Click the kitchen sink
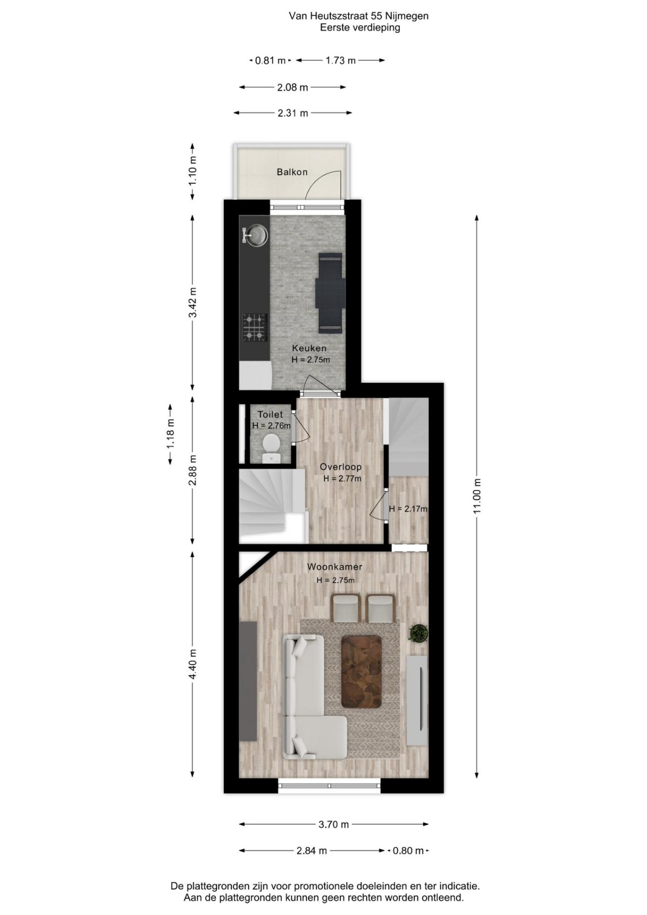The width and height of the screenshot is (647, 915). pyautogui.click(x=257, y=236)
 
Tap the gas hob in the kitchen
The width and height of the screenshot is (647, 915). pyautogui.click(x=255, y=327)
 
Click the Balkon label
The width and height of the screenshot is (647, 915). pyautogui.click(x=292, y=172)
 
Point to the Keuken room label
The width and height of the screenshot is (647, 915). pyautogui.click(x=309, y=348)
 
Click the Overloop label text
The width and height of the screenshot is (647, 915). pyautogui.click(x=341, y=467)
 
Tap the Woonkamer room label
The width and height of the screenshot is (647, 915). pyautogui.click(x=335, y=567)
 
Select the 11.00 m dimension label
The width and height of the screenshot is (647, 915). pyautogui.click(x=477, y=496)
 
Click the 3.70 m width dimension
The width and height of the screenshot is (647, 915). pyautogui.click(x=334, y=824)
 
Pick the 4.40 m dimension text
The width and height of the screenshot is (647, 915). pyautogui.click(x=193, y=664)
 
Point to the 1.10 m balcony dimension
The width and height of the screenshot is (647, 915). pyautogui.click(x=193, y=171)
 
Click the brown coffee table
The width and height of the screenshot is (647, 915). pyautogui.click(x=361, y=671)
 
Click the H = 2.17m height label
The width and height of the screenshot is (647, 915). pyautogui.click(x=408, y=509)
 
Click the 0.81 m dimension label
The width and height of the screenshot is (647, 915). pyautogui.click(x=270, y=61)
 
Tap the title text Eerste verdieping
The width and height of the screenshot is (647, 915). pyautogui.click(x=359, y=28)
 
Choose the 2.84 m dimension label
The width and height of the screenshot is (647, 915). pyautogui.click(x=311, y=850)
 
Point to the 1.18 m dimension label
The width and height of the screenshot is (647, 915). pyautogui.click(x=171, y=434)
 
